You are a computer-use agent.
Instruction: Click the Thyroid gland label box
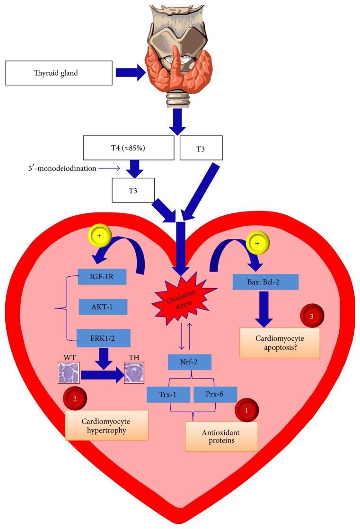coord(59,73)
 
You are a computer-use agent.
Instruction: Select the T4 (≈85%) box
coord(129,148)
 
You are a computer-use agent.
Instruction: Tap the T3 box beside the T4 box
coord(201,148)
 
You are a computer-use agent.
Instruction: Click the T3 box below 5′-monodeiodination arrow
coord(133,191)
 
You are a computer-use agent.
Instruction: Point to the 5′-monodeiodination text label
coord(62,168)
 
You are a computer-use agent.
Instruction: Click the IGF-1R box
coord(102,277)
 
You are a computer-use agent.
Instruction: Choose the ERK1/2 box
coord(104,338)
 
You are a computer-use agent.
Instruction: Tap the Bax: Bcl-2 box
coord(265,282)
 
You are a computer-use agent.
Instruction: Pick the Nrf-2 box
coord(190,362)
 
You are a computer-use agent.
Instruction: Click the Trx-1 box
coord(168,395)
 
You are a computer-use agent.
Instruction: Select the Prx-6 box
coord(215,395)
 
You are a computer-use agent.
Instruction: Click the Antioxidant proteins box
coord(221,436)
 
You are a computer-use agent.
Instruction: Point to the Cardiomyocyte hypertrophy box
coord(106,425)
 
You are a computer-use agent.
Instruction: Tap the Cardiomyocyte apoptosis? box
coord(280,343)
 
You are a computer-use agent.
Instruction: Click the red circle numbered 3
coord(312,316)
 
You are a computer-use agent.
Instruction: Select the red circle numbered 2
coord(75,398)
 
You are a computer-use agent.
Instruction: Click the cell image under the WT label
coord(69,373)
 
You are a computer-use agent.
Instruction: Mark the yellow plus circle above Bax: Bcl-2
coord(257,243)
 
